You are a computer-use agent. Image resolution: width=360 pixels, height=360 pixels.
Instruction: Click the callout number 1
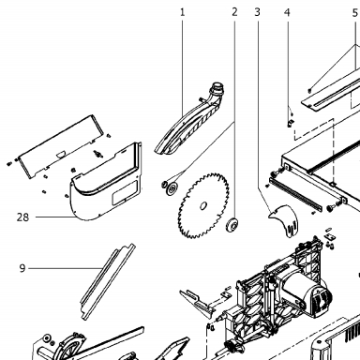pos(183,12)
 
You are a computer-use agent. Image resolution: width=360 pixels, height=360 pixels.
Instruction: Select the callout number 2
pos(234,12)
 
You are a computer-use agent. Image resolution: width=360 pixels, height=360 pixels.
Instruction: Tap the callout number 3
pos(257,12)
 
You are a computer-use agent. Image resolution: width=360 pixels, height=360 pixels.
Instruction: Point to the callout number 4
pos(287,12)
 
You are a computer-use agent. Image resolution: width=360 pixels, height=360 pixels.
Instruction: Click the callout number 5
pos(355,13)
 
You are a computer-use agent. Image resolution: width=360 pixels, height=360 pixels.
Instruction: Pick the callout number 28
pos(22,217)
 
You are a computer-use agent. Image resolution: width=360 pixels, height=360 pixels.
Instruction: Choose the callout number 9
pos(22,268)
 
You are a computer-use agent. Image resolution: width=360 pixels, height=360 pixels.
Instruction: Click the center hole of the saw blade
pos(203,205)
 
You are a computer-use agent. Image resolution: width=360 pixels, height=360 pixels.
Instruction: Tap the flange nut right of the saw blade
pos(232,224)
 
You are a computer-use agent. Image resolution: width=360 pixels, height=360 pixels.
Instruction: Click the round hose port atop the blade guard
pos(217,87)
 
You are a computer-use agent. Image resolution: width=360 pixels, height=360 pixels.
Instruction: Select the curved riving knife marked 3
pos(284,220)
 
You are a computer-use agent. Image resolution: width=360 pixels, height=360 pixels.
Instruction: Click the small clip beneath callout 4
pos(291,123)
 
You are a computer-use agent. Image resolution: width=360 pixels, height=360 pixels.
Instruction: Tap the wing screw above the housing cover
pos(97,154)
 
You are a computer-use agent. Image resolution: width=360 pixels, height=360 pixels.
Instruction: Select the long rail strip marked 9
pos(108,281)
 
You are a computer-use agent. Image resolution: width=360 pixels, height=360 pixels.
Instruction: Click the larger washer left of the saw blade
pos(172,189)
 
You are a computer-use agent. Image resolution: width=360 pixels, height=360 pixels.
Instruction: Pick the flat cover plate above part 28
pos(61,146)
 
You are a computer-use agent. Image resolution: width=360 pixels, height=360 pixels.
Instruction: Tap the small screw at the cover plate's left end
pos(8,163)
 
